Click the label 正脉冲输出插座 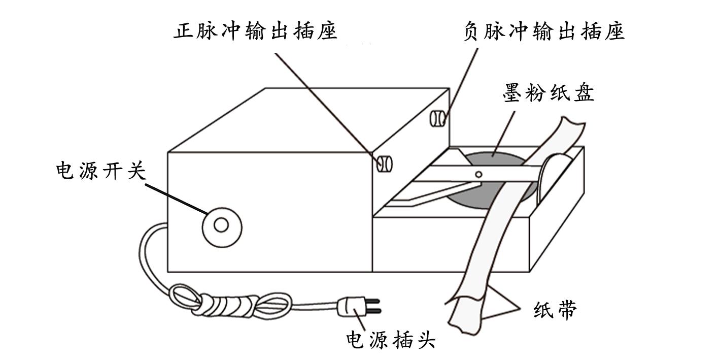(255, 31)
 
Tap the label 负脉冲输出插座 (544, 31)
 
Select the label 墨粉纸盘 (549, 93)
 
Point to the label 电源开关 (101, 171)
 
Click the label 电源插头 (390, 339)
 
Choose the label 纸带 (555, 310)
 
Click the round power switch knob (221, 225)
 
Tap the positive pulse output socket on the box (384, 163)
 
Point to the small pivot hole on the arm (478, 174)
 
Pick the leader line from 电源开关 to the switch (175, 198)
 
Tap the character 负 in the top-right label (473, 31)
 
